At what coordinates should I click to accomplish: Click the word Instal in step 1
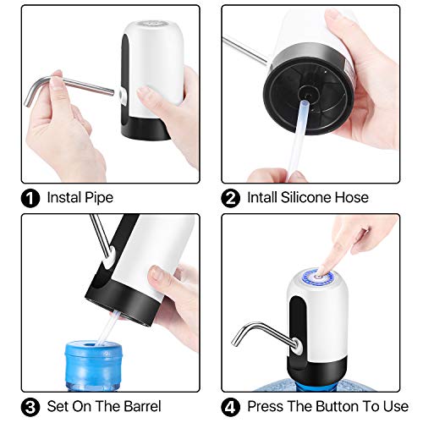click(64, 198)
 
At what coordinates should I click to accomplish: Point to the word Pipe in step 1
click(99, 198)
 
